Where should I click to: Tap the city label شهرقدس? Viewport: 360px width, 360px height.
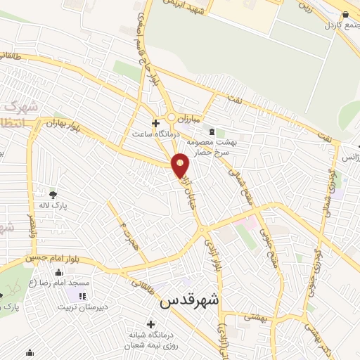(x=190, y=300)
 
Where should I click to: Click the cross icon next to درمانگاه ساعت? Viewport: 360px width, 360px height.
(x=155, y=123)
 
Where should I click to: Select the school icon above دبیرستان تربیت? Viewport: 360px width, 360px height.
(x=82, y=297)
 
